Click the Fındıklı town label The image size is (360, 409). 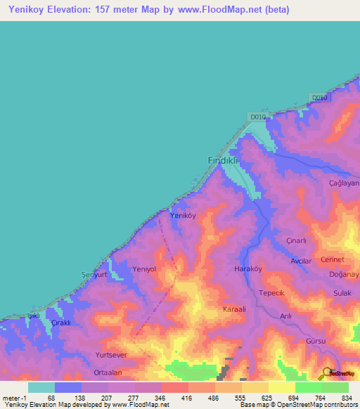pos(224,160)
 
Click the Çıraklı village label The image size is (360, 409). pos(63,323)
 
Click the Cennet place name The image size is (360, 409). pos(333,259)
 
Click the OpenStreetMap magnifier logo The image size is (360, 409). pos(327,373)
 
